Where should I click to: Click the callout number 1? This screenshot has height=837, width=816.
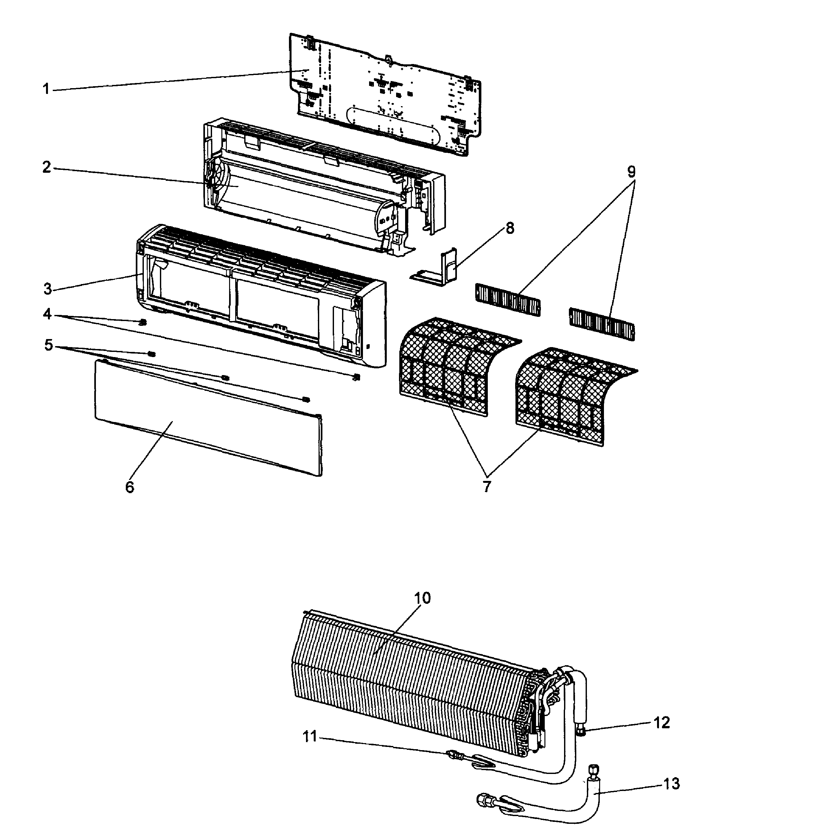click(x=46, y=89)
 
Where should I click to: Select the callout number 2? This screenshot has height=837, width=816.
click(x=47, y=167)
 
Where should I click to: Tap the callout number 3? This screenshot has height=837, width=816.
click(x=48, y=289)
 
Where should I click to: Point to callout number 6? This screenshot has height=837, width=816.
click(x=129, y=487)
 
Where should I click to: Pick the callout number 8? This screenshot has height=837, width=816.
click(x=510, y=228)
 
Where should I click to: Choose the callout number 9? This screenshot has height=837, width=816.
click(x=631, y=172)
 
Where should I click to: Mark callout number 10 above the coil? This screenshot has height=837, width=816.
click(x=422, y=598)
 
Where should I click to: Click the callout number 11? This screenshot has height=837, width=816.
click(x=310, y=736)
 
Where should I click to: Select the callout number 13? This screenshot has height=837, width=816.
click(x=672, y=784)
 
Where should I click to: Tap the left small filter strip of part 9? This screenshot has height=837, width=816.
click(x=508, y=299)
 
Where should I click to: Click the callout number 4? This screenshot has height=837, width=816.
click(x=47, y=314)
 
